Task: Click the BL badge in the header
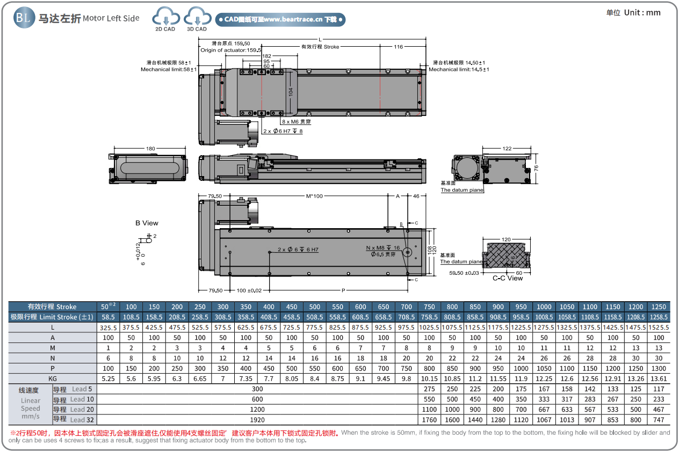coord(23,18)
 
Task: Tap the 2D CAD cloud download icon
coord(165,18)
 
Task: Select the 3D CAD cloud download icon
coord(197,18)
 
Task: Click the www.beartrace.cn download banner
coord(280,20)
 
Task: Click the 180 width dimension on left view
coord(150,149)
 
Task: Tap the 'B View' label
coord(147,223)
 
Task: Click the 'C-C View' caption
coord(508,278)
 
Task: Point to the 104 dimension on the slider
coord(291,92)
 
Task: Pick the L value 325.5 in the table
coord(108,327)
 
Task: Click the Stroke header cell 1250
coord(659,307)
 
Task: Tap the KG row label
coord(52,378)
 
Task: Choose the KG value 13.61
coord(659,378)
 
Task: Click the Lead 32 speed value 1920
coord(257,419)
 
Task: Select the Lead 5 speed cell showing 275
coord(429,389)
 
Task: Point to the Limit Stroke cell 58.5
coord(108,317)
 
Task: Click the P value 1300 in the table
coord(659,368)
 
